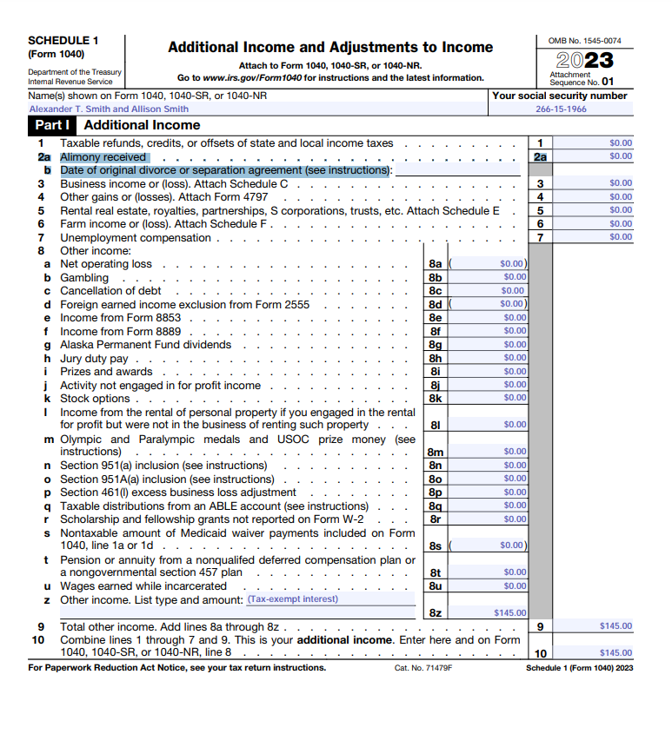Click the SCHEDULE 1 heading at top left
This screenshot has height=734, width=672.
pos(63,40)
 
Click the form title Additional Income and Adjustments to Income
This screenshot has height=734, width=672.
pos(329,48)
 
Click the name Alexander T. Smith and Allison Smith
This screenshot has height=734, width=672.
pos(109,109)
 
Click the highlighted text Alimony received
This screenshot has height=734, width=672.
pos(103,157)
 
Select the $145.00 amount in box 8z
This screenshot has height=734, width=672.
pos(509,612)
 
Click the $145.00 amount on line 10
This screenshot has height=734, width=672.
pos(615,652)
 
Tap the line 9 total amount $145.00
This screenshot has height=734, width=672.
pos(615,625)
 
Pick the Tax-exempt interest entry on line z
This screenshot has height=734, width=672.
pos(293,598)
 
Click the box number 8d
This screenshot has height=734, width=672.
pos(436,304)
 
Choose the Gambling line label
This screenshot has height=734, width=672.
pos(84,278)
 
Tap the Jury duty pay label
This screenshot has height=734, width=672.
pos(94,359)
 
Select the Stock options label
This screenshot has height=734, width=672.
pos(95,399)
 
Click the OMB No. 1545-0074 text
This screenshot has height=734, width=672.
pos(584,41)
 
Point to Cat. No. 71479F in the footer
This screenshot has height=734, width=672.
pos(423,668)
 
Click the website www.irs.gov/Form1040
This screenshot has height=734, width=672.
pos(248,78)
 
